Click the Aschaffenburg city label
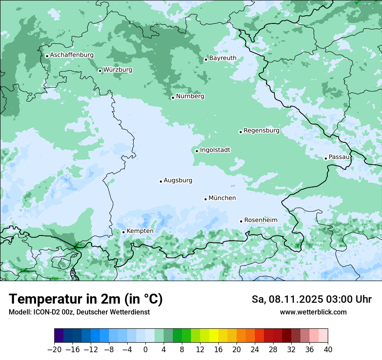[72, 55]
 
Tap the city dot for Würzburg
[100, 71]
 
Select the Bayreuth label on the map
[223, 58]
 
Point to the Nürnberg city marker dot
[173, 98]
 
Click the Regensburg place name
[261, 131]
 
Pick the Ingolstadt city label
[215, 150]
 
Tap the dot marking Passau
[326, 158]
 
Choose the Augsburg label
[178, 180]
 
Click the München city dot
[205, 199]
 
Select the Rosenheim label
[260, 220]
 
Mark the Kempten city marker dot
[123, 232]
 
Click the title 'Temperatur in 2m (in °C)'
[86, 299]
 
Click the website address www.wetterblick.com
[313, 312]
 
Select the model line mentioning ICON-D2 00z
[79, 312]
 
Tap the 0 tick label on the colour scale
[145, 350]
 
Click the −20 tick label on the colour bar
[54, 350]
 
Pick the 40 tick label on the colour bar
[328, 350]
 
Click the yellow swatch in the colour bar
[214, 336]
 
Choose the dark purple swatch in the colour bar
[59, 336]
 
